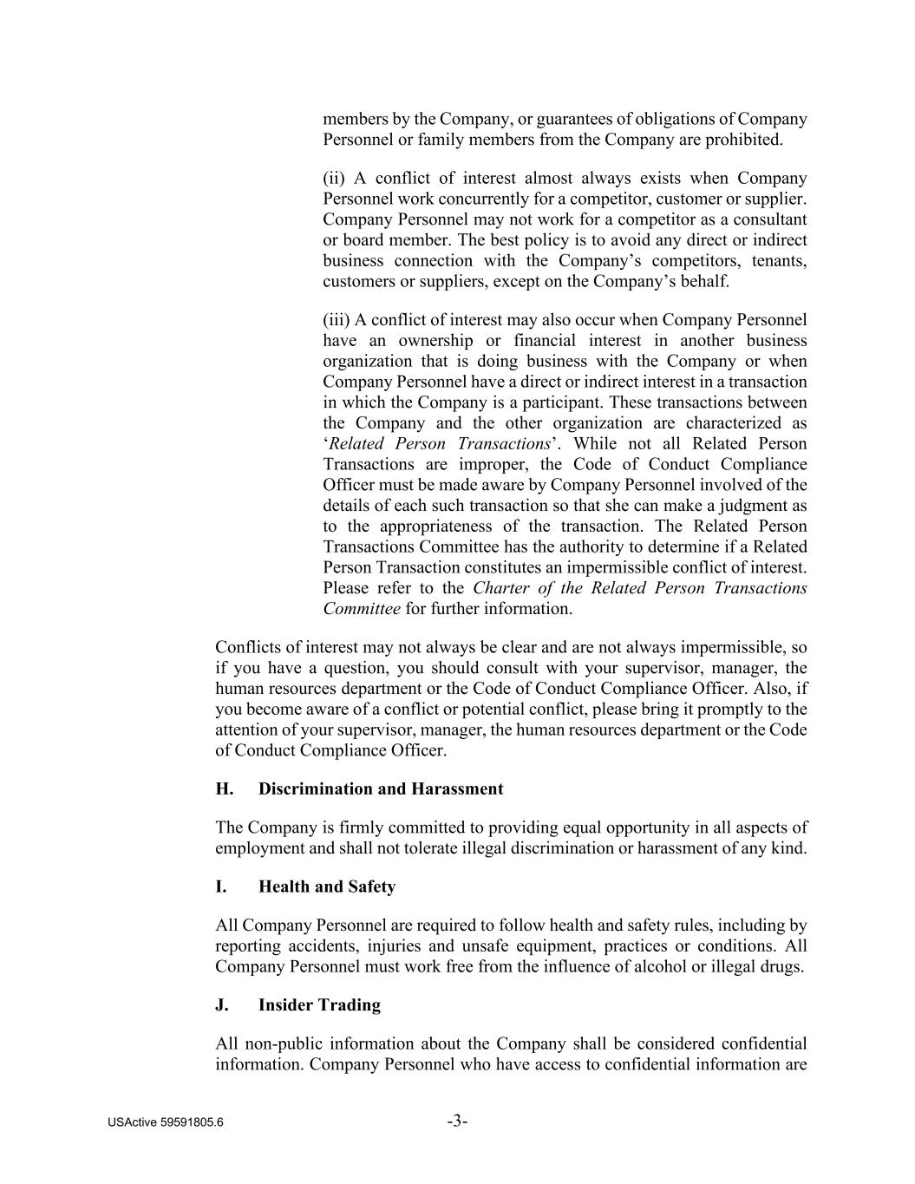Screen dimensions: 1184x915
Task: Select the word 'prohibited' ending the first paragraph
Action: (743, 140)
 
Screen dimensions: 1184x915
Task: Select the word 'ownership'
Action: (435, 341)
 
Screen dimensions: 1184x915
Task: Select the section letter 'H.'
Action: (224, 789)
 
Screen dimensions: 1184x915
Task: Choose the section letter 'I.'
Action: (221, 887)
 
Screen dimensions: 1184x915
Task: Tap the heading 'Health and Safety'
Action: (327, 887)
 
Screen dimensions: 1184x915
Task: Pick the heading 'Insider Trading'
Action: (319, 1005)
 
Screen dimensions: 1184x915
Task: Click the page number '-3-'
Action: (458, 1122)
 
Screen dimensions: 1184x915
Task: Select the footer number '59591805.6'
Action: (192, 1122)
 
